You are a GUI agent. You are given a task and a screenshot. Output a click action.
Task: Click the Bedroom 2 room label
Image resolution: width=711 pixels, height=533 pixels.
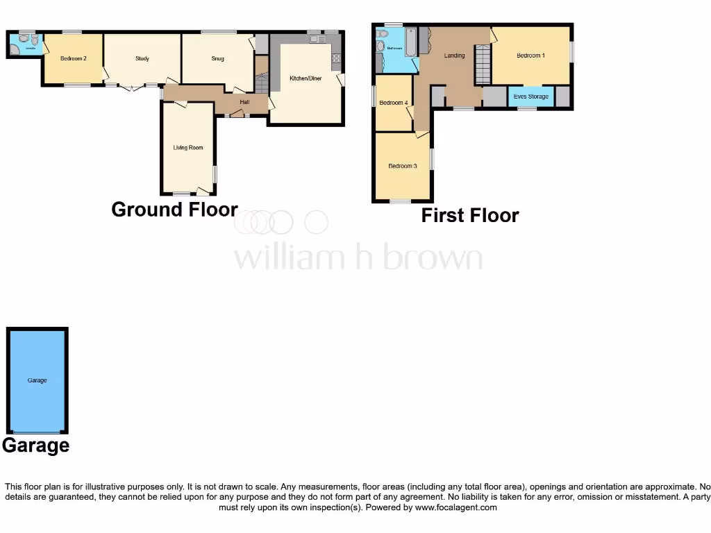point(73,58)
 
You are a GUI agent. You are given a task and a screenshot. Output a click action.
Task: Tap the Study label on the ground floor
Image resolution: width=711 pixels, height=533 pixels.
point(142,58)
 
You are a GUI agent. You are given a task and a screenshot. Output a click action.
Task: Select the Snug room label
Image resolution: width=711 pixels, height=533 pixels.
point(218,58)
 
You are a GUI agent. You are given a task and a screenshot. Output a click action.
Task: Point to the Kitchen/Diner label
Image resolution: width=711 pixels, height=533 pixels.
point(306,78)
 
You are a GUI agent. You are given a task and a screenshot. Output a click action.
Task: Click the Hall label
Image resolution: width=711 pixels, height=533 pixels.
point(244,103)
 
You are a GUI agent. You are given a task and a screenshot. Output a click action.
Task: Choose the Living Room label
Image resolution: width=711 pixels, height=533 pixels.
point(188,148)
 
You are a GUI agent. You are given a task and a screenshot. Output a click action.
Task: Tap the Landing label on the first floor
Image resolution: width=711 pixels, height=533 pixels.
point(454,56)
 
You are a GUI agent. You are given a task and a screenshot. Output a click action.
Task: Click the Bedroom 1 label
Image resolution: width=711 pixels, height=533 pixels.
point(530,56)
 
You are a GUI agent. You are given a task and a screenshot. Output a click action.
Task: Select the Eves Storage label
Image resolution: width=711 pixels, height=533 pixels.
point(531,96)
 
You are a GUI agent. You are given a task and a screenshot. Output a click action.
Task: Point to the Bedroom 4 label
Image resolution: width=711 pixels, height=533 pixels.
point(394,103)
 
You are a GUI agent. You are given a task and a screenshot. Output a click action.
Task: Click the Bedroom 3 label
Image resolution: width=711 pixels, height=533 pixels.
point(403,166)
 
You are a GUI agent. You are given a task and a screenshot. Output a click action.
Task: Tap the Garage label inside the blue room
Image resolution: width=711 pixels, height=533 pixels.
point(37,380)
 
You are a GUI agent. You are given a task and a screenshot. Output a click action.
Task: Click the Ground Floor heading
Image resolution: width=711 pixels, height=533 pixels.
point(174,210)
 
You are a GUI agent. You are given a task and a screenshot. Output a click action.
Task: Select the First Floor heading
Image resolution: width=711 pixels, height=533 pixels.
point(470,215)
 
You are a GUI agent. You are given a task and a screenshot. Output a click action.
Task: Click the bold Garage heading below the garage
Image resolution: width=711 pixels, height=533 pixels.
point(35,445)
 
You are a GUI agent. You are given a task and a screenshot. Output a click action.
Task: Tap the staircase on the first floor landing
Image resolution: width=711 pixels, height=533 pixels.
point(483,64)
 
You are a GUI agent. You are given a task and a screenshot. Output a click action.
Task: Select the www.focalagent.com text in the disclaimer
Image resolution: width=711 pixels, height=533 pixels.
point(456,507)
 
